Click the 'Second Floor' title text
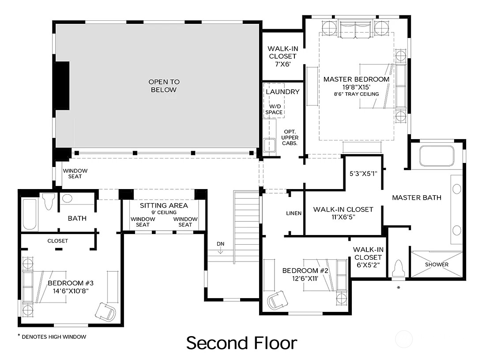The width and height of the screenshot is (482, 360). tap(241, 343)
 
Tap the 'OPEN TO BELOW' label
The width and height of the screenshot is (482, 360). tap(164, 86)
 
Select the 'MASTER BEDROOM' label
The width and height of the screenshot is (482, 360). tap(356, 80)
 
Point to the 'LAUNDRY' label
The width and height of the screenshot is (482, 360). tap(282, 92)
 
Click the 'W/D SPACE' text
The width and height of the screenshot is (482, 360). tap(274, 109)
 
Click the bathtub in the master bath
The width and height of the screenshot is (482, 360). tap(437, 156)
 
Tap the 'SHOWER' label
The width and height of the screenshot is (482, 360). tap(437, 265)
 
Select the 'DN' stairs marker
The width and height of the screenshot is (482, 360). tap(220, 244)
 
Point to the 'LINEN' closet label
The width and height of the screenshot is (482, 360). tap(294, 213)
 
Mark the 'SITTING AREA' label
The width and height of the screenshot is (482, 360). tap(164, 205)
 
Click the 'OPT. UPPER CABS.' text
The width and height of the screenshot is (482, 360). tap(290, 138)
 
